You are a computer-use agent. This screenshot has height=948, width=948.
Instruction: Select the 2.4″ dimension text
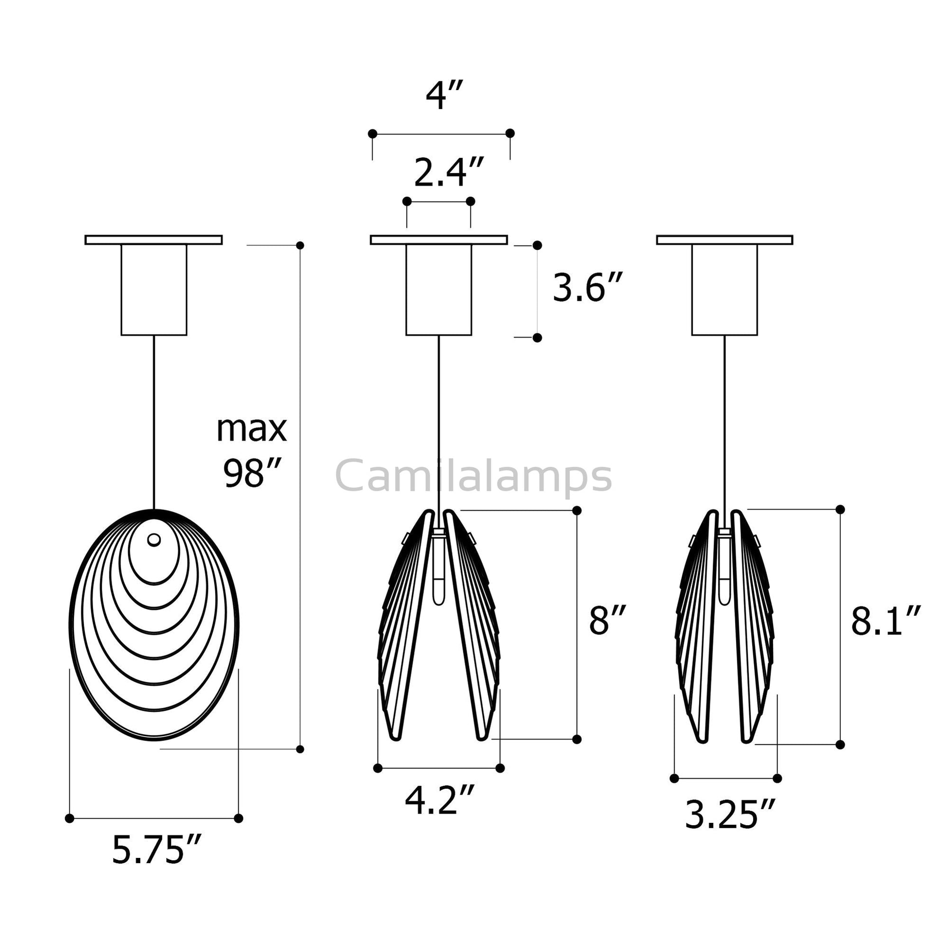(449, 173)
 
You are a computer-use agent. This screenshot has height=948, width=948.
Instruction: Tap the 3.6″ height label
(588, 288)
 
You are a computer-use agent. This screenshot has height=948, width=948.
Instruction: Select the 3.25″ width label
(730, 815)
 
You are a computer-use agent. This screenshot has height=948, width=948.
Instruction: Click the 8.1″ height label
(885, 622)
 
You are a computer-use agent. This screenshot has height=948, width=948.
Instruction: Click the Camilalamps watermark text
(474, 476)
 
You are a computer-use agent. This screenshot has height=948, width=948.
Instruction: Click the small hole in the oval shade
(154, 540)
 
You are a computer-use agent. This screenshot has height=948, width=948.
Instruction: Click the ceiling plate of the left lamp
(153, 240)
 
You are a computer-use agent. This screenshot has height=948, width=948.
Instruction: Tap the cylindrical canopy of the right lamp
(724, 289)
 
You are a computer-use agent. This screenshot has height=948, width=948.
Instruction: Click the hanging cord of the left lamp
(154, 422)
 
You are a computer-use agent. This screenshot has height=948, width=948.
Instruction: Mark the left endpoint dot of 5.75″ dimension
(70, 818)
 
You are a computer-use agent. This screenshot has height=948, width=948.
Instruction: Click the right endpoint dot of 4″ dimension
(510, 133)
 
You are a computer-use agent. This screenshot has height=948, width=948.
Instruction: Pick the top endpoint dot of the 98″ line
(300, 246)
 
